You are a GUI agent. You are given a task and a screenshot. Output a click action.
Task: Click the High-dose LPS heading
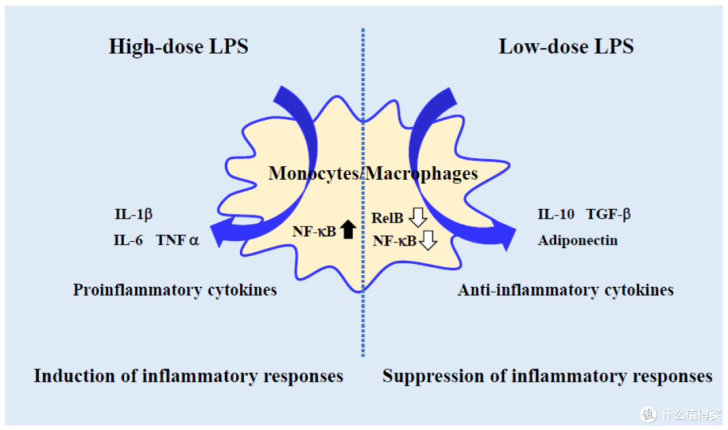point(179,47)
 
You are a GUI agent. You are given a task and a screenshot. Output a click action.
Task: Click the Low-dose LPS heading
point(566,47)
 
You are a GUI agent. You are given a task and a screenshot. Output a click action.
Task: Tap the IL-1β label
point(133,214)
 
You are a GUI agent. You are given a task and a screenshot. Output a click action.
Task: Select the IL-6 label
point(128,240)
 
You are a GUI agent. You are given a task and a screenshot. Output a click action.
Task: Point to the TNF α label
point(177,240)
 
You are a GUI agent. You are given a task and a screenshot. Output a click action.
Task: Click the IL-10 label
point(555,214)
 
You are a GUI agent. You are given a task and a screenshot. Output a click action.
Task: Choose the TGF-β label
point(608,214)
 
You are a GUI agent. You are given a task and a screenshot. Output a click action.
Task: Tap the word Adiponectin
point(578,241)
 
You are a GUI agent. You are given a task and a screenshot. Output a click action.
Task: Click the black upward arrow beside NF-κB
point(348,229)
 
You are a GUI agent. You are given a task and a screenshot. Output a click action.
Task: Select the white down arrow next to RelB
point(418,217)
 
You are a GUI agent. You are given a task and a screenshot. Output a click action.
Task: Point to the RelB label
point(387,218)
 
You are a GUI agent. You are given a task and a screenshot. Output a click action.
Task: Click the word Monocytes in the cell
point(313,174)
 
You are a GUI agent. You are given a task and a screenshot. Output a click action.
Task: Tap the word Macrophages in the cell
point(421,174)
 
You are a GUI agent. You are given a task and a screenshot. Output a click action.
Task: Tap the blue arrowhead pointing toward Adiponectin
point(506,235)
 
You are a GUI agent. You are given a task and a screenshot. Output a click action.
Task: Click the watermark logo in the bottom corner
point(648,414)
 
